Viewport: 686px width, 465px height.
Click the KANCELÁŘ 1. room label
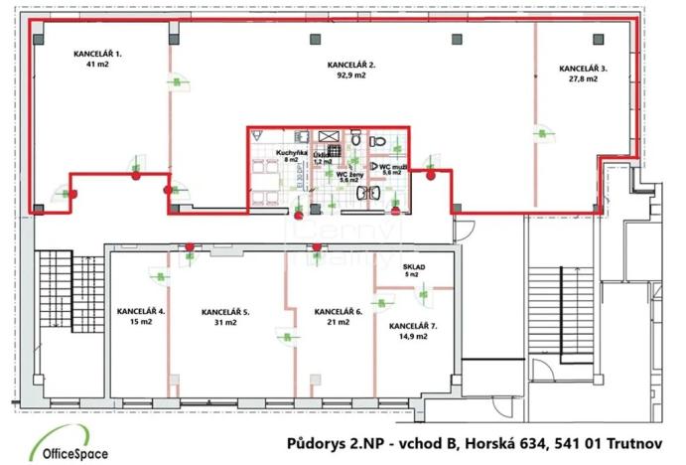[x=97, y=54]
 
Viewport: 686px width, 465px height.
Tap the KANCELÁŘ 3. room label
[x=584, y=70]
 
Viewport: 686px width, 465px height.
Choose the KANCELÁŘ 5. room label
[x=225, y=312]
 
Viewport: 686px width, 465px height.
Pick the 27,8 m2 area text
[x=584, y=79]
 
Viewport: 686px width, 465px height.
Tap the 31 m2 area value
[x=225, y=322]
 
